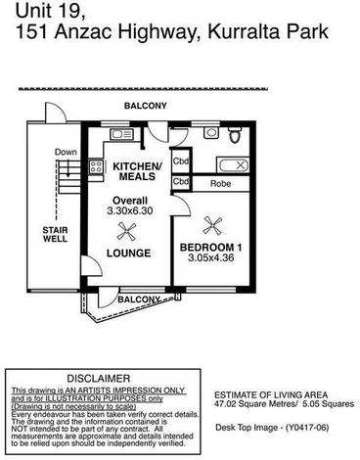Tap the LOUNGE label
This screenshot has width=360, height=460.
click(129, 253)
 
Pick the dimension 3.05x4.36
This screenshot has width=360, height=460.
click(208, 260)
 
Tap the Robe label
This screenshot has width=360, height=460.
click(218, 183)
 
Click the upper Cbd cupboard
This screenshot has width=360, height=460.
click(180, 161)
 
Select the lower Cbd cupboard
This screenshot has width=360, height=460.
click(180, 182)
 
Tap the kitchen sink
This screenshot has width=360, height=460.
click(122, 133)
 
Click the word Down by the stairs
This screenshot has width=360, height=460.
click(66, 153)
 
